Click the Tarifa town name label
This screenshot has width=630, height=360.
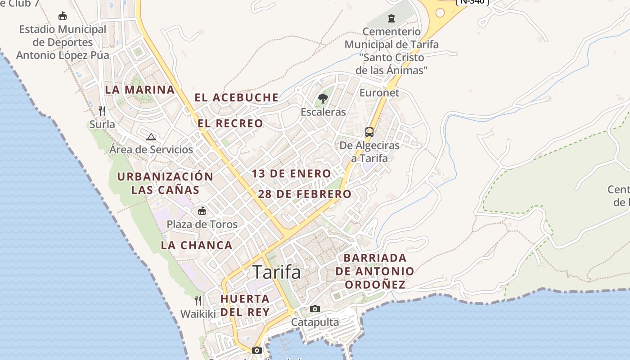276,272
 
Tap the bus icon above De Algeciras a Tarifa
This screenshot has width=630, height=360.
369,132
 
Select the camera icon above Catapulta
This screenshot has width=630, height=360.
315,309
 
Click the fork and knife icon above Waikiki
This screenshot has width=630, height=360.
198,300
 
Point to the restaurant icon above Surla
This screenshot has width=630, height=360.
102,111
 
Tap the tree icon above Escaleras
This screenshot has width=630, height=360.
323,99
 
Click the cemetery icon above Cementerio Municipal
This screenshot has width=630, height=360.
391,18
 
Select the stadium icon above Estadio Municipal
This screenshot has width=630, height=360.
63,16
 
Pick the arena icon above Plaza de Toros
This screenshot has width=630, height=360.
202,211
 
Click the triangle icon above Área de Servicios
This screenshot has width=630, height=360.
151,137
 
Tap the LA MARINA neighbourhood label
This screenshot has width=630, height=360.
140,90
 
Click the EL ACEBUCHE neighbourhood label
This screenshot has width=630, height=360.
237,98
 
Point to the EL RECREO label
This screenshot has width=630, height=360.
230,123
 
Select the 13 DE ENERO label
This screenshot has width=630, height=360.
292,174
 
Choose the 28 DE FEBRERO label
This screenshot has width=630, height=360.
305,194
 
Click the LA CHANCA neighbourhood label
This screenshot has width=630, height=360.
197,245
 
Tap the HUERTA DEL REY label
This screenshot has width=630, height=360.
245,305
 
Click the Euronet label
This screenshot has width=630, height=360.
379,93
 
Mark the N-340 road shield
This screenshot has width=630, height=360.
472,1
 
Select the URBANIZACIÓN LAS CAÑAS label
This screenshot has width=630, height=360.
165,183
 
